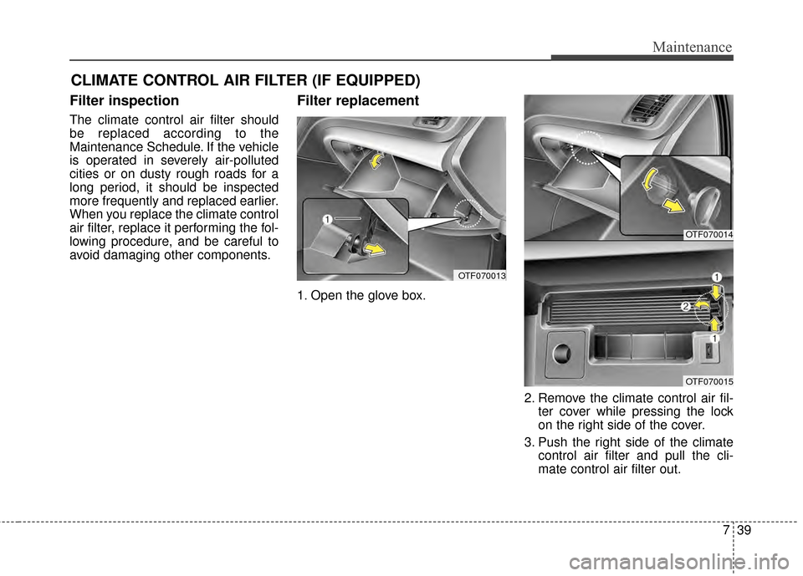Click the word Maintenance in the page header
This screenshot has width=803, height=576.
693,48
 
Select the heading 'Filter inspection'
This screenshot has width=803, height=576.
124,101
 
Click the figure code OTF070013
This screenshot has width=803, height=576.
480,275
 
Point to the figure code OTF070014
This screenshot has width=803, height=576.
708,235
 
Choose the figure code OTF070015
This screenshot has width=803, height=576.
708,381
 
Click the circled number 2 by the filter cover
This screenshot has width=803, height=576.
685,308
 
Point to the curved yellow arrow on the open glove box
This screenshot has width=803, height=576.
378,160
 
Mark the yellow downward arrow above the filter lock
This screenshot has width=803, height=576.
717,292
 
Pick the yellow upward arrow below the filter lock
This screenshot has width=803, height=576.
716,323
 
